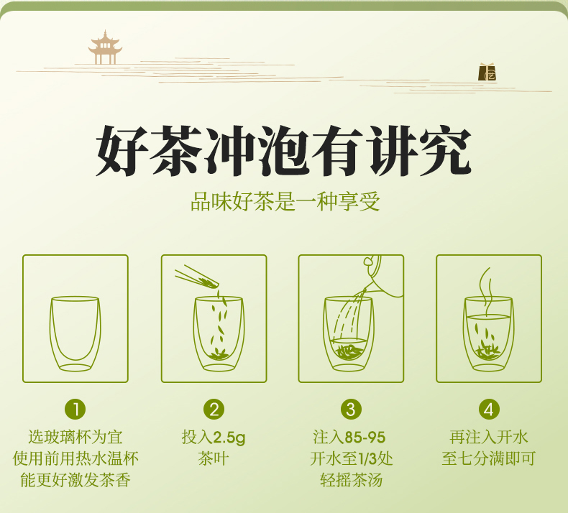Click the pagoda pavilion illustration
(105, 47)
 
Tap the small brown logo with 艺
(487, 72)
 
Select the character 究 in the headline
(445, 150)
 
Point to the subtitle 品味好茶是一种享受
(285, 202)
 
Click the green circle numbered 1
(75, 410)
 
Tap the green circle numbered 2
(214, 410)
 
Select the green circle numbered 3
(351, 410)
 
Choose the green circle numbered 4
(489, 410)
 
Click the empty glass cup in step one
(75, 334)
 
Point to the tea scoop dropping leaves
(198, 277)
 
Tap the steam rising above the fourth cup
(487, 292)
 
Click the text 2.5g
(229, 438)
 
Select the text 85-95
(365, 438)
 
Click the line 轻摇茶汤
(351, 481)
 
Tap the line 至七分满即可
(489, 458)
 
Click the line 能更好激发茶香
(75, 481)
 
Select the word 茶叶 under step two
(214, 458)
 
